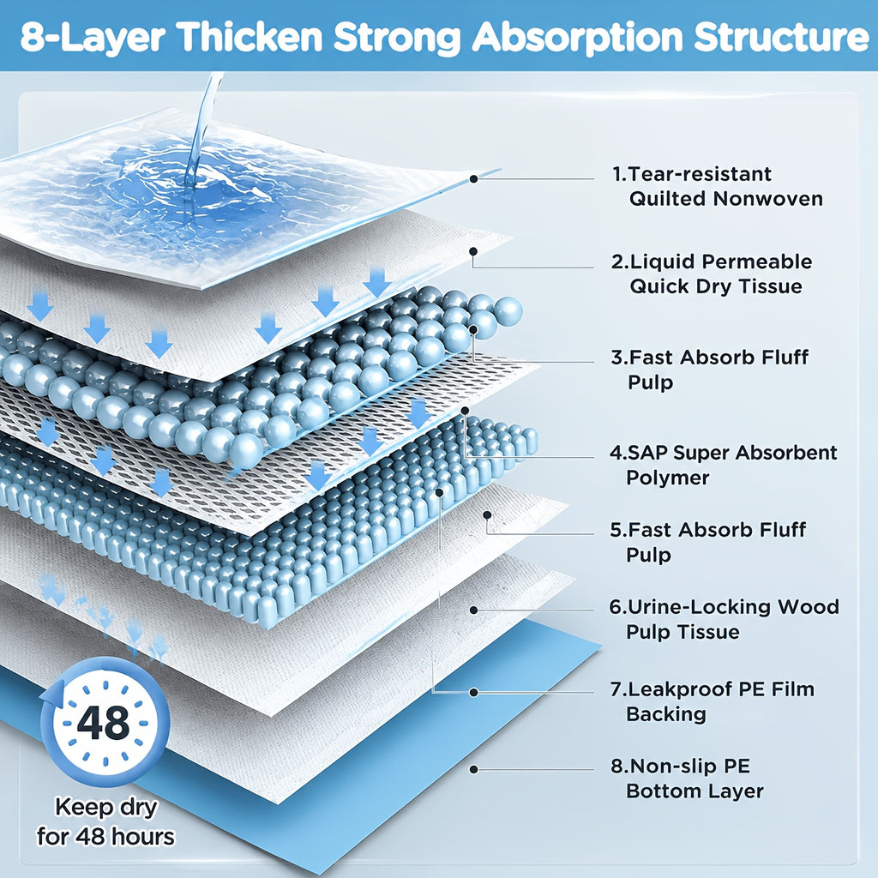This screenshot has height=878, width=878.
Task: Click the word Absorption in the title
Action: tap(577, 38)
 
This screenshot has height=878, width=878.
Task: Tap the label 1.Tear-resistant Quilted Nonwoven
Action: tap(718, 186)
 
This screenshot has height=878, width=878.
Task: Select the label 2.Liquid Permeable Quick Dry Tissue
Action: tap(711, 274)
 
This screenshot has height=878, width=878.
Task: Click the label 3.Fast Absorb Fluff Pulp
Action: tap(709, 370)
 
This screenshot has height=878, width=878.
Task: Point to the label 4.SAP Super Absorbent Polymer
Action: tap(723, 465)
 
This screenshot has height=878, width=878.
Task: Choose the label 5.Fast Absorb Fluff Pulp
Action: tap(707, 542)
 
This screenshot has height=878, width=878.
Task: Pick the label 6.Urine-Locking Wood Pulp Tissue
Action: tap(724, 619)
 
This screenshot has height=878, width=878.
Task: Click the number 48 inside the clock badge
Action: tap(103, 723)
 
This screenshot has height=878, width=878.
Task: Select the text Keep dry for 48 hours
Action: tap(105, 822)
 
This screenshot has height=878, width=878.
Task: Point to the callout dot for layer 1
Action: tap(473, 178)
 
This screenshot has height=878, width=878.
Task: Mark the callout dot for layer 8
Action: tap(473, 770)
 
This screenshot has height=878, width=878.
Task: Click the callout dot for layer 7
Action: tap(473, 693)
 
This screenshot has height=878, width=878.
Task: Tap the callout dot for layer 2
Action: tap(473, 251)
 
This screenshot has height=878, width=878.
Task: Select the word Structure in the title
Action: tap(782, 38)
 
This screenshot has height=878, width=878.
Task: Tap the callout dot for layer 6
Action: tap(473, 610)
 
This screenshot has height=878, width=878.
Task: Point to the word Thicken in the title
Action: tap(251, 38)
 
